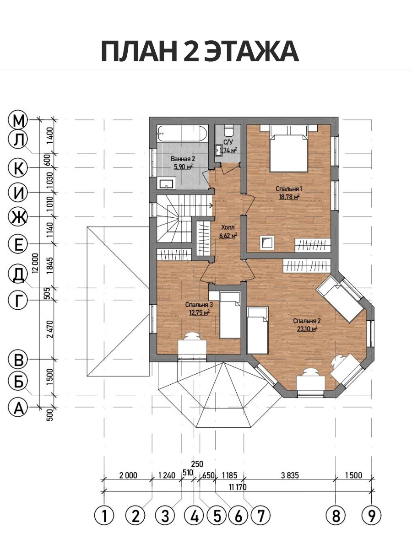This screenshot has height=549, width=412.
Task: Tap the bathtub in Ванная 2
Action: tap(183, 134)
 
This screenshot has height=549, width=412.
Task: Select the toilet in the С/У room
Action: tap(228, 129)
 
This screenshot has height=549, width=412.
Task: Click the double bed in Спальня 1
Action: tap(289, 148)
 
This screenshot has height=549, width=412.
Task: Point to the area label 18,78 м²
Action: tap(289, 197)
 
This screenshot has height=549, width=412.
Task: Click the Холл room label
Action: tap(228, 227)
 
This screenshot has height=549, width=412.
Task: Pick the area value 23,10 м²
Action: tap(307, 328)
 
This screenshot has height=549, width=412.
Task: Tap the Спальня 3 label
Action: tap(199, 305)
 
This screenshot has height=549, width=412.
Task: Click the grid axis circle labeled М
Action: tap(18, 120)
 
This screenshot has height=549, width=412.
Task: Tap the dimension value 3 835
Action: tap(290, 475)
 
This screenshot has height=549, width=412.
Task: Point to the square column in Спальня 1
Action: tap(267, 242)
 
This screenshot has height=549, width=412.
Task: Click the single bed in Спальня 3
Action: tap(230, 316)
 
